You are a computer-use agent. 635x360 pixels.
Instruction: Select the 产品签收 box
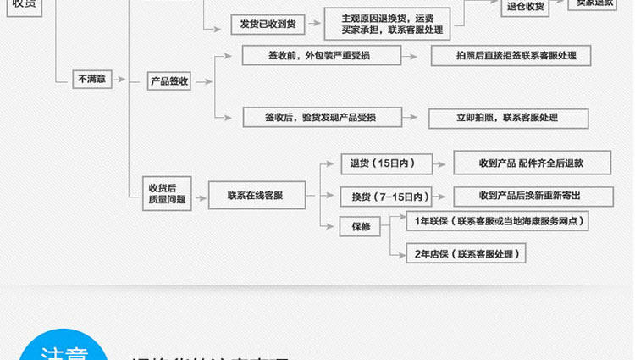coord(168,82)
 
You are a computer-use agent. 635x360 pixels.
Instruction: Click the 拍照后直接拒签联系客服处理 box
coord(510,55)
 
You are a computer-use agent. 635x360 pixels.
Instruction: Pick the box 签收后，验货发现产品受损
coord(320,117)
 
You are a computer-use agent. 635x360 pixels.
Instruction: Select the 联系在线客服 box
coord(255,196)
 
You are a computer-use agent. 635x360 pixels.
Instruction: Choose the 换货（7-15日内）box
coord(386,197)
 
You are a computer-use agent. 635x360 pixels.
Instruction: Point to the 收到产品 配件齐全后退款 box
coord(531,163)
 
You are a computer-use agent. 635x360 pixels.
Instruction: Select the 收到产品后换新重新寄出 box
coord(530,196)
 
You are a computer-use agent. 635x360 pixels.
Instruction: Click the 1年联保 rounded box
coord(497,222)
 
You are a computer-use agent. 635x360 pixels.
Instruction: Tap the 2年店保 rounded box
coord(466,253)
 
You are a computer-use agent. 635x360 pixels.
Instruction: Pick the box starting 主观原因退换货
coord(387,24)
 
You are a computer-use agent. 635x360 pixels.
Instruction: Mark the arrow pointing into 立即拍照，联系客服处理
coord(412,118)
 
